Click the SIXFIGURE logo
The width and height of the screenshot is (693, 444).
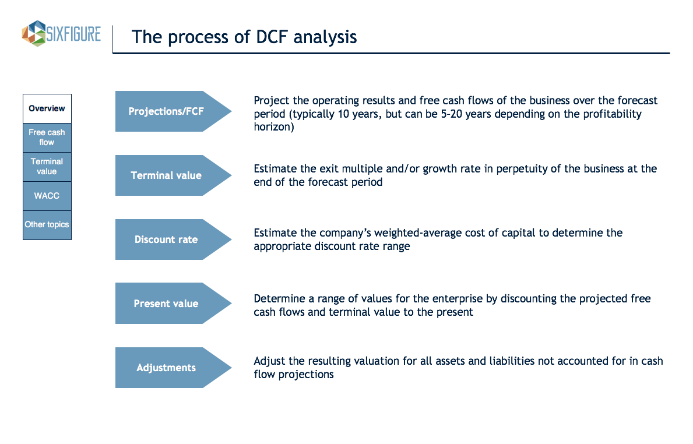(x=61, y=34)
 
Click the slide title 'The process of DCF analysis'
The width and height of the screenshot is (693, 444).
(x=244, y=37)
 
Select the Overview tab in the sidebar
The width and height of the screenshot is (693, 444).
(x=47, y=108)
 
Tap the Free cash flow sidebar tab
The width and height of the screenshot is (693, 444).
(x=47, y=138)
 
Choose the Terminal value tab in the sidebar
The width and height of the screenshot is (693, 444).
(x=47, y=167)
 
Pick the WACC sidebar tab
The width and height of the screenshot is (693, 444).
(x=47, y=196)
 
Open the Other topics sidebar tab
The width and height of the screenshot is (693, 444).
(x=47, y=225)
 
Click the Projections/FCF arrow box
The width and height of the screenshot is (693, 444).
(x=173, y=111)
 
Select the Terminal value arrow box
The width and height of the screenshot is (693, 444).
(x=173, y=175)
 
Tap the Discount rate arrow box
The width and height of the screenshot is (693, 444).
(x=173, y=239)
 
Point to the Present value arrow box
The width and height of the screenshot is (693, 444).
(x=173, y=304)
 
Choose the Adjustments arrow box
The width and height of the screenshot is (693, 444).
(x=173, y=368)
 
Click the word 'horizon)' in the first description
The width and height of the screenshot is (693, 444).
(x=274, y=127)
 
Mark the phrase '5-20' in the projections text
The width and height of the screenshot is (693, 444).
(x=451, y=114)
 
